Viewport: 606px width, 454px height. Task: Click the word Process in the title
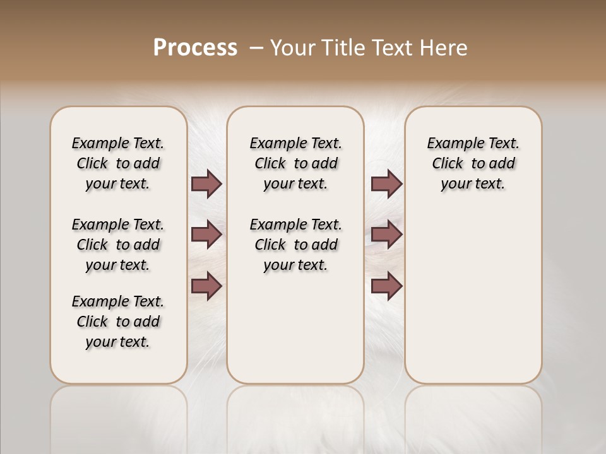[195, 48]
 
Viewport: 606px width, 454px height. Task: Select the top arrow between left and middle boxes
[206, 183]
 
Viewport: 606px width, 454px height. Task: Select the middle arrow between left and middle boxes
[206, 235]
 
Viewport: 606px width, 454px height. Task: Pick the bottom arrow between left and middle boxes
[206, 286]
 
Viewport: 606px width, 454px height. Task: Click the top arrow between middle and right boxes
[386, 183]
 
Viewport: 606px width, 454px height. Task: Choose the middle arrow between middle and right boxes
[386, 235]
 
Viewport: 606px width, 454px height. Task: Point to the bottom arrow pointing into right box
[386, 286]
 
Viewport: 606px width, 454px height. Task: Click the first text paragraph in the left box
[118, 163]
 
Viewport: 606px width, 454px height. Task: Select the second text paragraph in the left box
[118, 245]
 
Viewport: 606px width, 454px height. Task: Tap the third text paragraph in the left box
[118, 322]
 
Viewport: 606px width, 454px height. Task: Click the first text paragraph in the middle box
[295, 163]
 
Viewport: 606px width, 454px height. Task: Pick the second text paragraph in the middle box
[295, 245]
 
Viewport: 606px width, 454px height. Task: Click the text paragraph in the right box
[473, 163]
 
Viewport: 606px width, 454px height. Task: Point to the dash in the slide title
[256, 49]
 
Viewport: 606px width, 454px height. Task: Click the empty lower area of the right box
[473, 296]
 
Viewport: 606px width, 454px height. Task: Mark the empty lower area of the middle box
[295, 328]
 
